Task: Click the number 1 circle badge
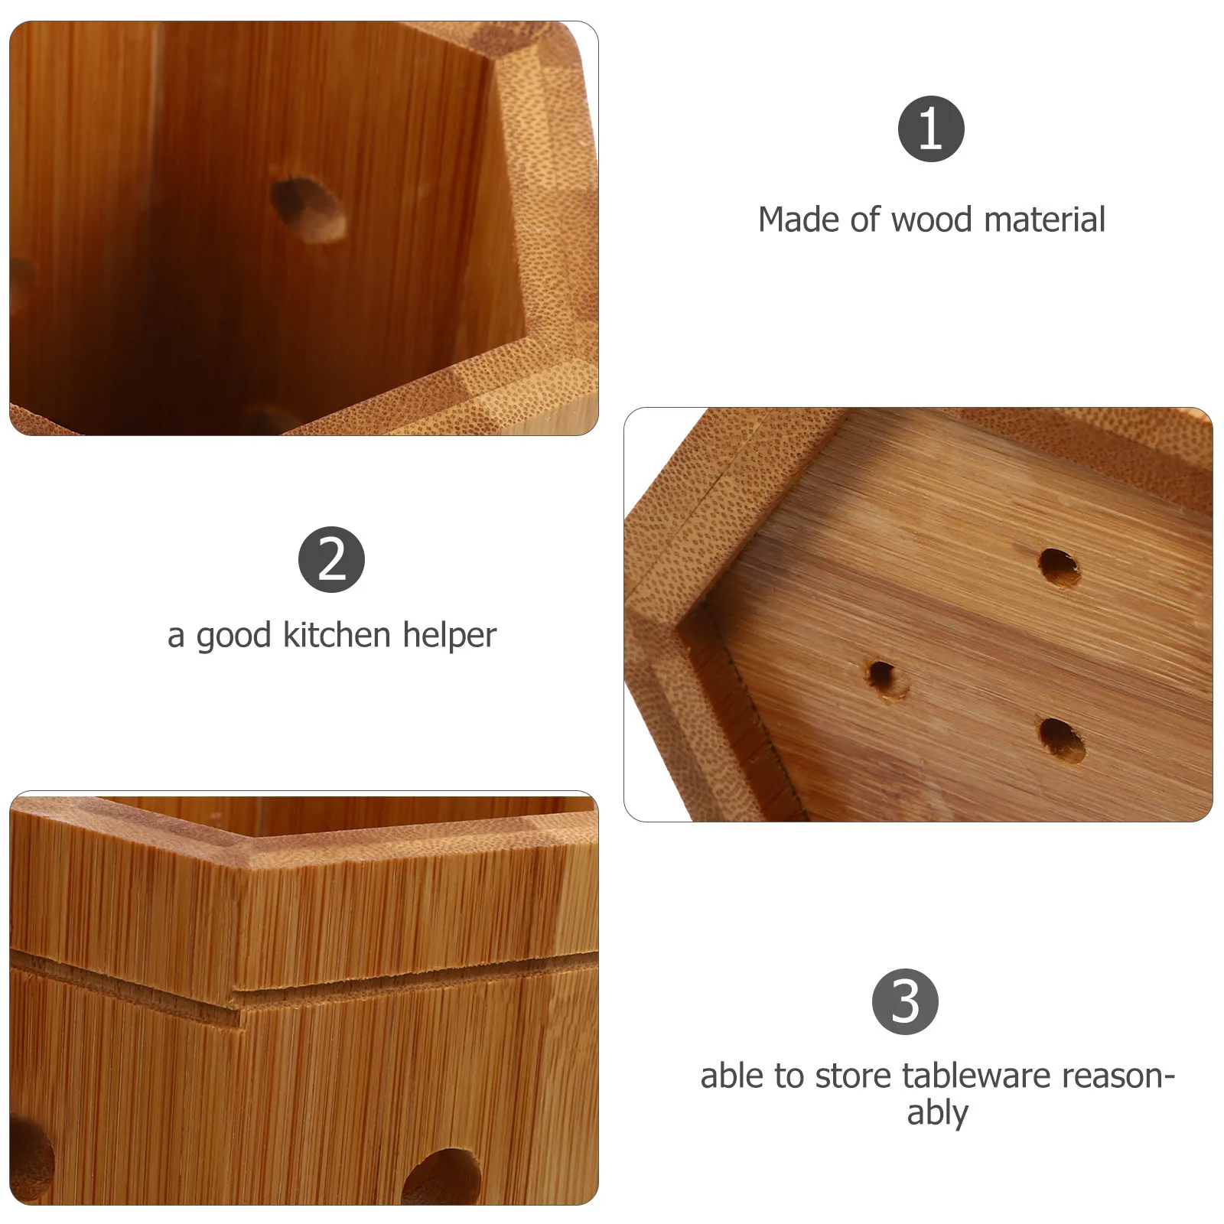(x=931, y=129)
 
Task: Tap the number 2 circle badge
(x=331, y=559)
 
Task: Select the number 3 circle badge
(x=905, y=1002)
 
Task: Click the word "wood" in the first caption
(x=934, y=220)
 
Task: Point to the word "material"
(x=1044, y=220)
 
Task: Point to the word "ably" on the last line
(x=937, y=1113)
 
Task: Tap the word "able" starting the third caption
(x=732, y=1076)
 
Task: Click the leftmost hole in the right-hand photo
(x=884, y=676)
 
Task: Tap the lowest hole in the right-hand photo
(x=1063, y=740)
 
